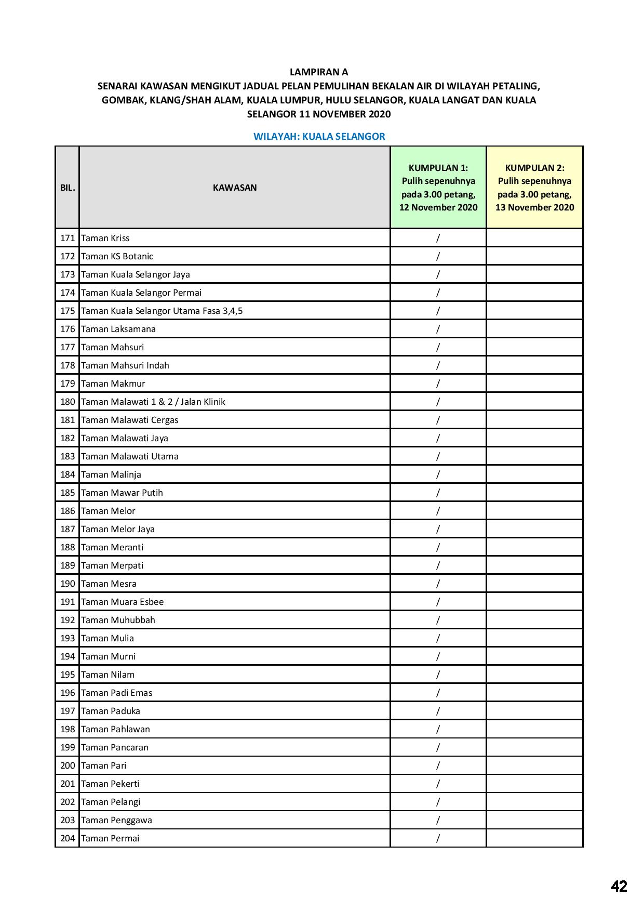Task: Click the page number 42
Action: coord(619,886)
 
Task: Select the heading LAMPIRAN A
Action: coord(319,72)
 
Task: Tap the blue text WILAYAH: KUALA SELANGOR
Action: coord(319,137)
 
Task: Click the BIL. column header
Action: coord(68,188)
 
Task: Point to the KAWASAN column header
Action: coord(235,188)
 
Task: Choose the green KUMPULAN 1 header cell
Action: coord(438,188)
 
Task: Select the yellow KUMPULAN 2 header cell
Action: coord(534,188)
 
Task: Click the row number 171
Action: coord(68,238)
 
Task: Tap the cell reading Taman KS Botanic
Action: coord(117,256)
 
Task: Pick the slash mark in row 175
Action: coord(438,311)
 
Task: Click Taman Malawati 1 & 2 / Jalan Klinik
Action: coord(153,402)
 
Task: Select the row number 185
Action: coord(68,493)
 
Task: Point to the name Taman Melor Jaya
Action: coord(118,529)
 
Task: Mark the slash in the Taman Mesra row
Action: coord(438,584)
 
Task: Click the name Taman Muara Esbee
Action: coord(123,602)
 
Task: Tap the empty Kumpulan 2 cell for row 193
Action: coord(534,638)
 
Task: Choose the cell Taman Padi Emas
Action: coord(117,693)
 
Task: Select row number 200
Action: coord(68,765)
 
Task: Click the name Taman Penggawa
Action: coord(117,820)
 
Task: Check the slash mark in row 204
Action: coord(438,838)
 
